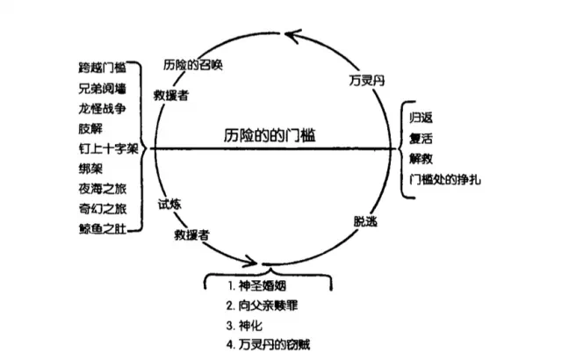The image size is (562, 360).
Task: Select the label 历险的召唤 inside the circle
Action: [195, 67]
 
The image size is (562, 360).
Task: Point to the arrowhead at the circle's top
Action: [292, 35]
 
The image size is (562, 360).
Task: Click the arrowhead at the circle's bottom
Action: [254, 261]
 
